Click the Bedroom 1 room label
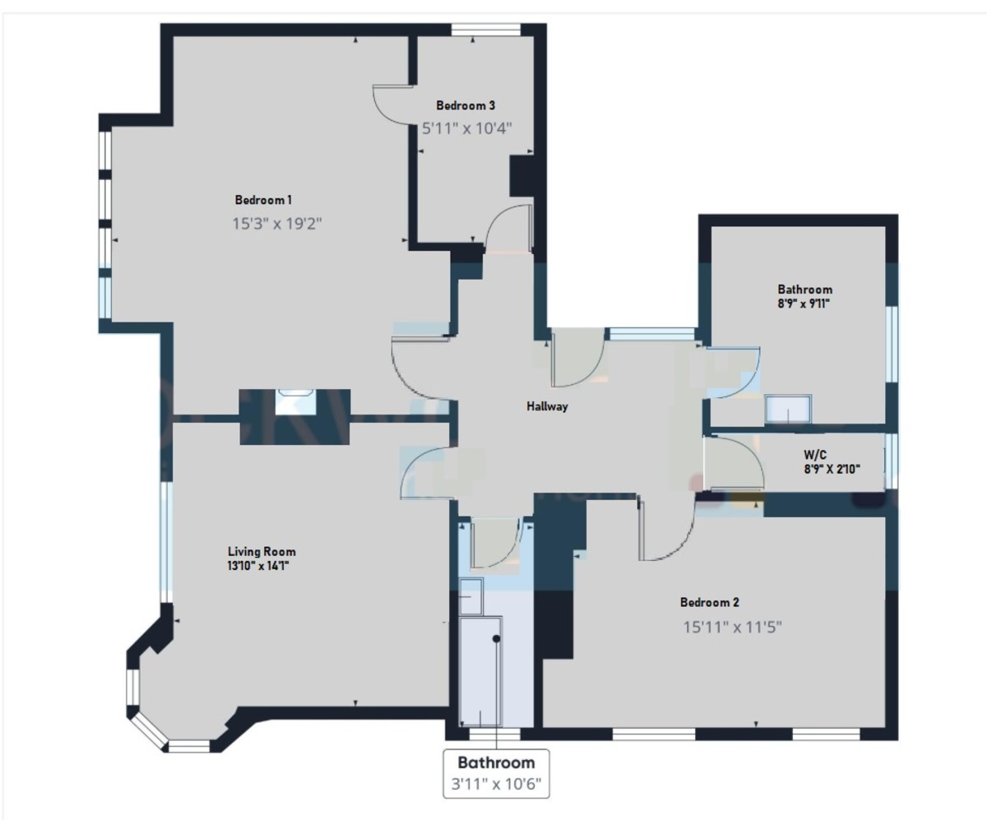click(x=263, y=200)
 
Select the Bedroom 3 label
click(x=466, y=105)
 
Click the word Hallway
click(x=548, y=406)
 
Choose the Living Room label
click(x=262, y=552)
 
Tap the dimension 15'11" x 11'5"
click(x=732, y=627)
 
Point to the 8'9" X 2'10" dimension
click(x=832, y=469)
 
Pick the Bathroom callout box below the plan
click(x=496, y=772)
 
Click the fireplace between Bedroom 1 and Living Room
click(x=294, y=405)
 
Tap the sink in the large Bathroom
click(x=789, y=409)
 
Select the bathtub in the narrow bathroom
click(x=480, y=670)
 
